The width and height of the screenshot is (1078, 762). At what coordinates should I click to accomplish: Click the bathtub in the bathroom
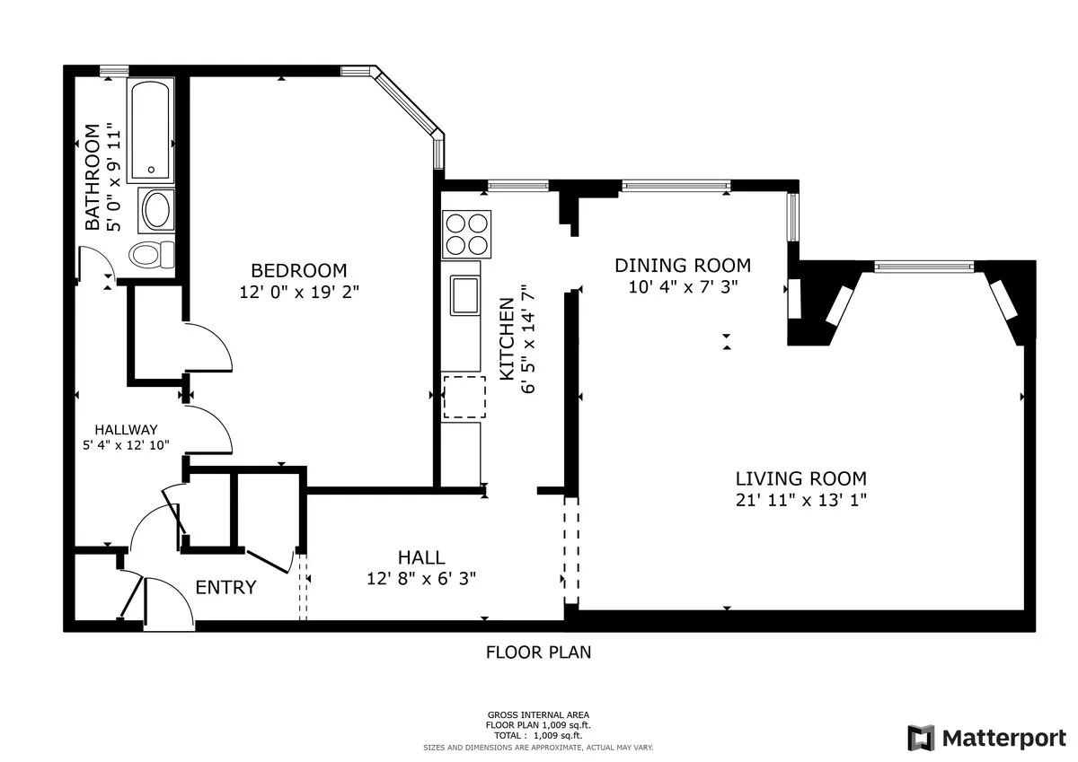click(x=150, y=131)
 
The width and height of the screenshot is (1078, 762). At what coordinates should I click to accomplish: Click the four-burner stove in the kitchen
click(x=466, y=234)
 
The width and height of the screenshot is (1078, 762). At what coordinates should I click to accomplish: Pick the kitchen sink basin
click(x=464, y=296)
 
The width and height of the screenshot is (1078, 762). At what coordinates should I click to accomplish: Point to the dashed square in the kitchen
click(x=464, y=398)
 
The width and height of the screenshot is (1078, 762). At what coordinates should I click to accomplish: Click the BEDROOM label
click(x=298, y=270)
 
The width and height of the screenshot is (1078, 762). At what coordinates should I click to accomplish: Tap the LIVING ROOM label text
click(x=801, y=478)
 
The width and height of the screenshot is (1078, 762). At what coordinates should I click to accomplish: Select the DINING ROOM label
click(x=683, y=265)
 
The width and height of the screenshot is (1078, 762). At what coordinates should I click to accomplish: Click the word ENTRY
click(x=225, y=588)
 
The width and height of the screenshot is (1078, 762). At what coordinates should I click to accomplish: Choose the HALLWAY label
click(x=127, y=429)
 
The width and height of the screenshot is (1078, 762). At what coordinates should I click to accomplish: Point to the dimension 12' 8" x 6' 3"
click(x=421, y=579)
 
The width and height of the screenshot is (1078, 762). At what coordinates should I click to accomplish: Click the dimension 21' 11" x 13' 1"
click(x=801, y=501)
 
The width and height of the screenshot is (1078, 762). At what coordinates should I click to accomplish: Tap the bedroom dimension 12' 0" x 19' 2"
click(x=298, y=292)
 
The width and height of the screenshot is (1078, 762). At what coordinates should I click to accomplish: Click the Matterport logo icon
click(x=921, y=738)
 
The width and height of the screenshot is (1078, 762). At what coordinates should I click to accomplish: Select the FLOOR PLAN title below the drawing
click(x=539, y=653)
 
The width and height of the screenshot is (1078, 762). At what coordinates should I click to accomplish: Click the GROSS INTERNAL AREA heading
click(x=538, y=715)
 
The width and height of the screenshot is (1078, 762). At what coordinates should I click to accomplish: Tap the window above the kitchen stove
click(x=517, y=186)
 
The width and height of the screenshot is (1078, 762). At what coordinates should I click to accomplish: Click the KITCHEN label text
click(x=507, y=337)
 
